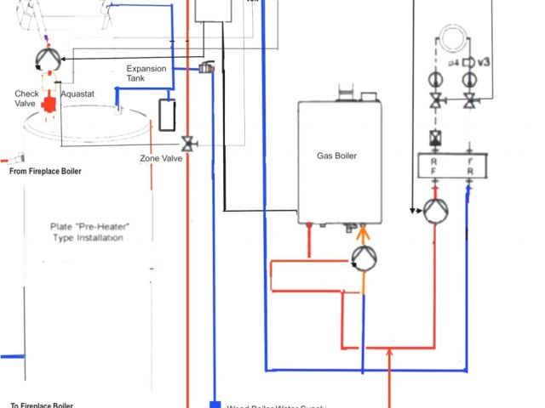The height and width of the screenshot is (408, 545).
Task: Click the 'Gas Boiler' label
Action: [336, 156]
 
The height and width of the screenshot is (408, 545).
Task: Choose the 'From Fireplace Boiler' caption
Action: [45, 171]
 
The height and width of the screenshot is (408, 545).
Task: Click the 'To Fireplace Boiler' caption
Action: [42, 405]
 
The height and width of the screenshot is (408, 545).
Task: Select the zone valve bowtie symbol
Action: [189, 144]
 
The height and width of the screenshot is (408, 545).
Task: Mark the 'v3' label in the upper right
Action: [482, 62]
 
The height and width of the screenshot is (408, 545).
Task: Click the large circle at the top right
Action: [451, 37]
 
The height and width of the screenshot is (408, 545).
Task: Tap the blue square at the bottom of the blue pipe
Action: [213, 404]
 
